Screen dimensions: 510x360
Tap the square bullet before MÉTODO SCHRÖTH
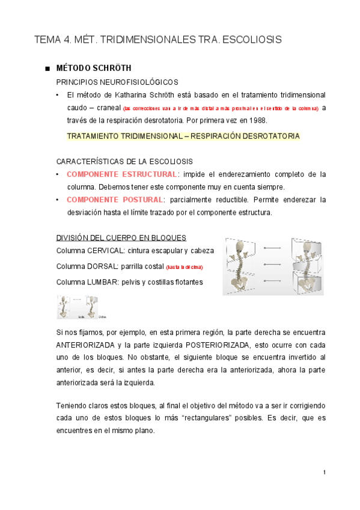(47, 68)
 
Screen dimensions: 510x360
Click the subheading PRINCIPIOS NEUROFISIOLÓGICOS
(116, 82)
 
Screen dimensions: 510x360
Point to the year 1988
(255, 120)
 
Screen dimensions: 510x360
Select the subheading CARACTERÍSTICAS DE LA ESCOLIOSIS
(124, 161)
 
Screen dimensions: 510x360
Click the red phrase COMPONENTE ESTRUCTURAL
(122, 174)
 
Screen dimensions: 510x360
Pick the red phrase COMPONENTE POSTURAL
(115, 200)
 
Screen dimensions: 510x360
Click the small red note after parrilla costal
(185, 266)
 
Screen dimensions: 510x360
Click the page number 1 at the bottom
(325, 472)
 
